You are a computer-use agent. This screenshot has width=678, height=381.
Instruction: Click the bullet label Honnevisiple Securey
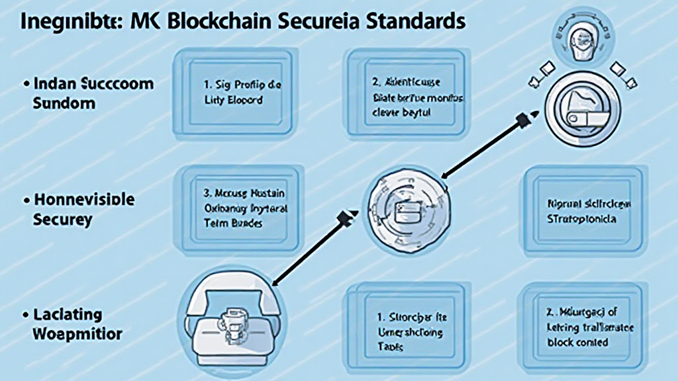(82, 210)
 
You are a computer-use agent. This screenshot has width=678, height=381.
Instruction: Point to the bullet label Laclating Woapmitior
(76, 323)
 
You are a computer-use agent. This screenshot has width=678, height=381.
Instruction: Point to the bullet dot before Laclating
(26, 314)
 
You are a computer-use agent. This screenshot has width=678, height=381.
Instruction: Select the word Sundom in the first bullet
(64, 104)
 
